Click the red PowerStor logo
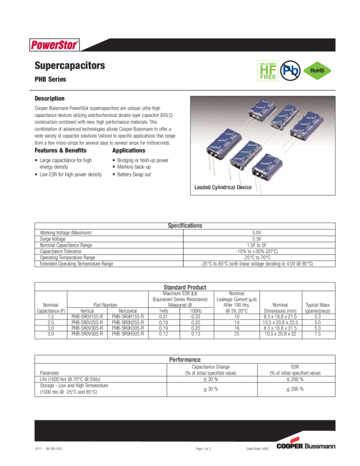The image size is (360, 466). pyautogui.click(x=54, y=44)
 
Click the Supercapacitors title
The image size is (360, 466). pyautogui.click(x=70, y=66)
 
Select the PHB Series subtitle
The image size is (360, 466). pyautogui.click(x=50, y=79)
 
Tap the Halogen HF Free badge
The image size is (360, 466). pyautogui.click(x=267, y=71)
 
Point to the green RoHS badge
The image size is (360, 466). pyautogui.click(x=317, y=71)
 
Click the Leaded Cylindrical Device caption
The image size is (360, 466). pyautogui.click(x=223, y=187)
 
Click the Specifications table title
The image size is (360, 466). pyautogui.click(x=185, y=226)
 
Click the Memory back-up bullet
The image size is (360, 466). pyautogui.click(x=135, y=167)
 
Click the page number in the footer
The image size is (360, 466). pyautogui.click(x=203, y=448)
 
